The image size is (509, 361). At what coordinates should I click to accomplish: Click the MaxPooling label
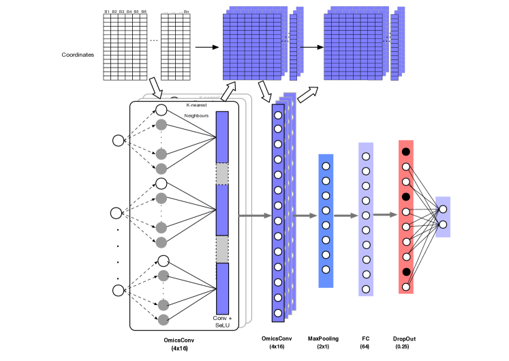[x=323, y=338]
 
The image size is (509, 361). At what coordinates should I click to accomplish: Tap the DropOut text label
[x=404, y=338]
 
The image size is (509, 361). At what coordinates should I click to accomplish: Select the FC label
[x=366, y=338]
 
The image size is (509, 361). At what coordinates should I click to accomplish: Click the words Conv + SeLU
[x=222, y=321]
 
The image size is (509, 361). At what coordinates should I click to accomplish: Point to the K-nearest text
[x=197, y=105]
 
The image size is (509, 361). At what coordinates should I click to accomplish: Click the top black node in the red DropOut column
[x=406, y=151]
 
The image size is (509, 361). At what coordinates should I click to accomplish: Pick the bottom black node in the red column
[x=406, y=272]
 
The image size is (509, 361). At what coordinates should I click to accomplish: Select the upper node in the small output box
[x=443, y=210]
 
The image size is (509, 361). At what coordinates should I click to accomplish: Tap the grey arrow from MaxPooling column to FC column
[x=345, y=216]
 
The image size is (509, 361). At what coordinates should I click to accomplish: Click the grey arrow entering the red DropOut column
[x=385, y=214]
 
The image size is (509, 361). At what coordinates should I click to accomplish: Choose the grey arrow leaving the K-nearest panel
[x=255, y=216]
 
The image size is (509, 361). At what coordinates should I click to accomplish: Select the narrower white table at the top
[x=175, y=47]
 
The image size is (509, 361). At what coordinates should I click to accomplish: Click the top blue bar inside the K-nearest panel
[x=222, y=136]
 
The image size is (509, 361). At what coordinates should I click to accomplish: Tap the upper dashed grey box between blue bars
[x=222, y=173]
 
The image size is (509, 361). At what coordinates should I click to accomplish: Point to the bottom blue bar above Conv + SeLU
[x=222, y=288]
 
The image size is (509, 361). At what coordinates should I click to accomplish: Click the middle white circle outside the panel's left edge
[x=116, y=213]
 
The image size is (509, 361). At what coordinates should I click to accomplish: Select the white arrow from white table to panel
[x=155, y=87]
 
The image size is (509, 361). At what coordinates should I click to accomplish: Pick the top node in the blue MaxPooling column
[x=326, y=167]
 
